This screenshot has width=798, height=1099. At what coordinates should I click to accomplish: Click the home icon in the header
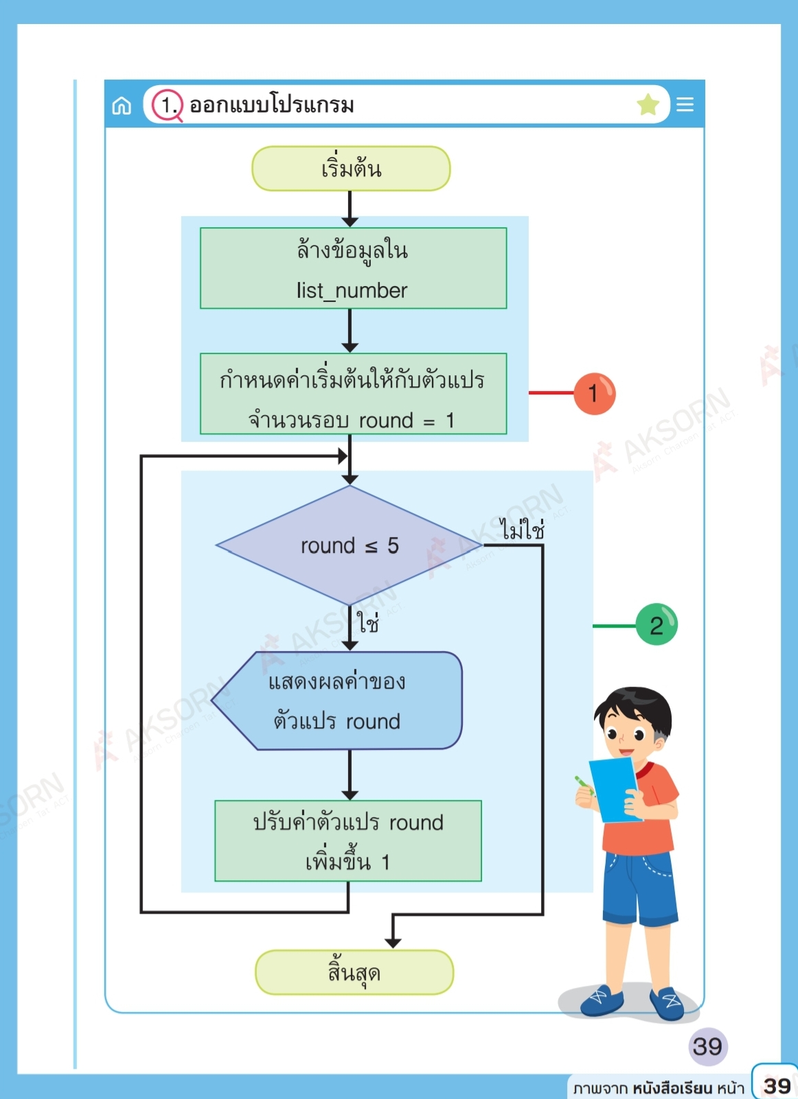coord(122,106)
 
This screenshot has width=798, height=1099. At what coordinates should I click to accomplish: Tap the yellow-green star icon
coord(648,105)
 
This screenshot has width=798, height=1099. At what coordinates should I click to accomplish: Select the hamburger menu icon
coord(685,104)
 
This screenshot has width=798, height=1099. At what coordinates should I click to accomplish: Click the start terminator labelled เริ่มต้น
coord(351,168)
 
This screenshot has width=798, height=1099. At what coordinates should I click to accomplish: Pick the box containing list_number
coord(353,268)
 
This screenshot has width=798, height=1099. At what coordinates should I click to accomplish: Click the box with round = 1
coord(353,394)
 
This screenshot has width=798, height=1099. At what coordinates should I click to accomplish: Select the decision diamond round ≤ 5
coord(350,545)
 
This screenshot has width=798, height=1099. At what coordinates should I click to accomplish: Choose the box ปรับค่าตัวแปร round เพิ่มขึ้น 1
coord(348,840)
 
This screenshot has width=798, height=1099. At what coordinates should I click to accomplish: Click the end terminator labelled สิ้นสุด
coord(354,972)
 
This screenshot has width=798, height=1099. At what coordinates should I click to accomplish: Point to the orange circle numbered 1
coord(594,394)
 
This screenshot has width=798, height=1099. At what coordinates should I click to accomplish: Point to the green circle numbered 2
coord(657,624)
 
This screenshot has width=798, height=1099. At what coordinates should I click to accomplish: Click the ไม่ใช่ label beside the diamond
coord(523,530)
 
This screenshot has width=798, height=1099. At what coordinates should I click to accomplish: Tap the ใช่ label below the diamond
coord(368,623)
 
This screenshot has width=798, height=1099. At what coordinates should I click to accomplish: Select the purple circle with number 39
coord(707,1046)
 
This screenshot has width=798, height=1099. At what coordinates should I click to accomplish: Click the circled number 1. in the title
coord(167,105)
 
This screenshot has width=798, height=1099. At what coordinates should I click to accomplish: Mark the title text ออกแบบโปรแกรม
coord(272,105)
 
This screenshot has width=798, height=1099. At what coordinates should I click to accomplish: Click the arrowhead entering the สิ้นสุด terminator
coord(393,943)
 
